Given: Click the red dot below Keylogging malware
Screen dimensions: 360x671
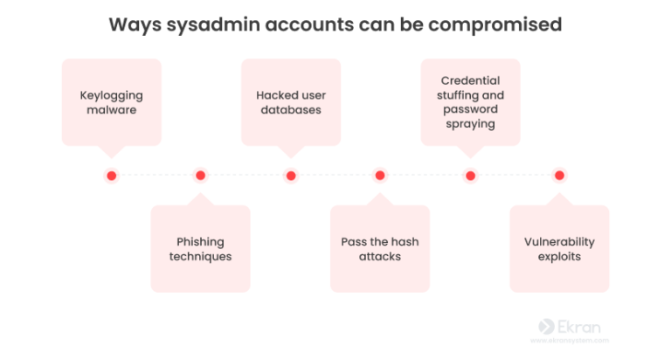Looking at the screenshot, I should [111, 176].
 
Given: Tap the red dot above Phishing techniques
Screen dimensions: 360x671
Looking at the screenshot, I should [200, 176].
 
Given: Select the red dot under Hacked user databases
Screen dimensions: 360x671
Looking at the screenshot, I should [291, 176].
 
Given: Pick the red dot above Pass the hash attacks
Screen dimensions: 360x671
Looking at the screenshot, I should [380, 176].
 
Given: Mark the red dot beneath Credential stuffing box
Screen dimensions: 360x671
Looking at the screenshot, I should [470, 176].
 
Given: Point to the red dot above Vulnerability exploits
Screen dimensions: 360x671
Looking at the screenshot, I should [559, 176].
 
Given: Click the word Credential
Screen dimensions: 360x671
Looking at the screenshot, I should [470, 80].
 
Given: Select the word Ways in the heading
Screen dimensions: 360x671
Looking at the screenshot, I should [131, 24].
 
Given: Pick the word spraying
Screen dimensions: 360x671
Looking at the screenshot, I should [470, 124].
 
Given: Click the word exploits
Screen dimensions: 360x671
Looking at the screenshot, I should [559, 257].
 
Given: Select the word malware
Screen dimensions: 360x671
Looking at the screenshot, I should [111, 110].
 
